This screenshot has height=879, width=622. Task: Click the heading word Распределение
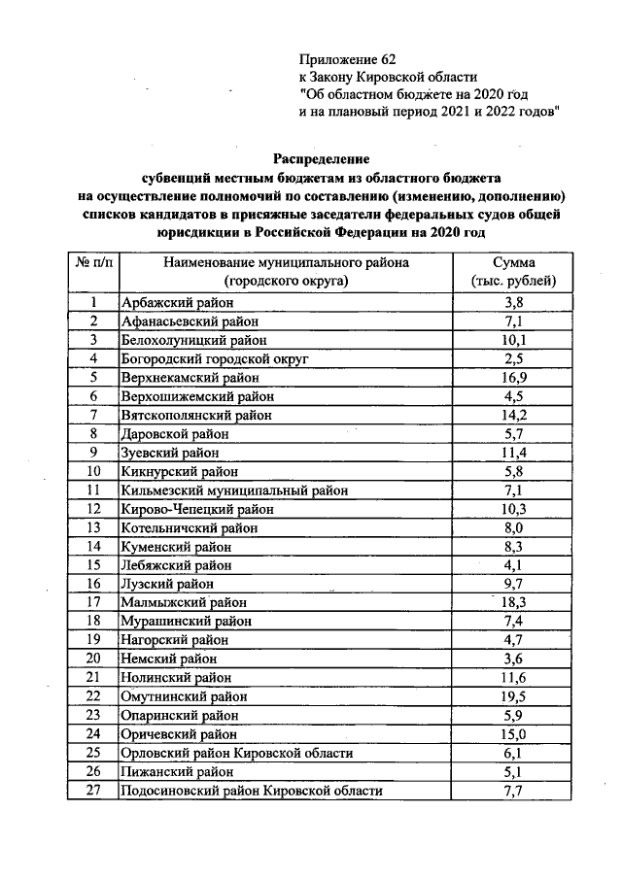pyautogui.click(x=321, y=157)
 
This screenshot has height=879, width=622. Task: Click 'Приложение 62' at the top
pyautogui.click(x=347, y=60)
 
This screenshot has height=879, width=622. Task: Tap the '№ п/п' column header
pyautogui.click(x=92, y=263)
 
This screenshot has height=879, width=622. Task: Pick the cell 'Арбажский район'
pyautogui.click(x=173, y=303)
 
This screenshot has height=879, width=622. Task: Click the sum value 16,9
pyautogui.click(x=512, y=377)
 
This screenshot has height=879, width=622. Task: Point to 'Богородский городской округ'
pyautogui.click(x=214, y=358)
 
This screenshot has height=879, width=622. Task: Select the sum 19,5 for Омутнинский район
pyautogui.click(x=512, y=697)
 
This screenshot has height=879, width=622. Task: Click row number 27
pyautogui.click(x=93, y=791)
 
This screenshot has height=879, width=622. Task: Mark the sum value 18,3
pyautogui.click(x=512, y=601)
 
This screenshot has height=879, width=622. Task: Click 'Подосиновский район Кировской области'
pyautogui.click(x=250, y=791)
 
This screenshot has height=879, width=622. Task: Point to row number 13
pyautogui.click(x=93, y=526)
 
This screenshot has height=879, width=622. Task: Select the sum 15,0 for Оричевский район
pyautogui.click(x=512, y=734)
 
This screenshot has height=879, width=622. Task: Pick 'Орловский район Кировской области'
pyautogui.click(x=235, y=753)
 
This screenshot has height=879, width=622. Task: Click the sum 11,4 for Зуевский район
pyautogui.click(x=512, y=452)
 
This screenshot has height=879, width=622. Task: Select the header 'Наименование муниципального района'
pyautogui.click(x=286, y=263)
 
